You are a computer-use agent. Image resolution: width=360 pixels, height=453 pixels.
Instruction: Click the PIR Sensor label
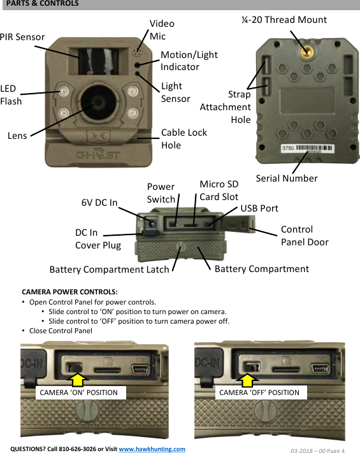click(22, 37)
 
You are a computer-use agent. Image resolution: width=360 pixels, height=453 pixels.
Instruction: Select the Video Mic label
click(162, 30)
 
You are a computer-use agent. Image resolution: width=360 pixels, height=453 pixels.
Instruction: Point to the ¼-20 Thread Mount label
click(284, 20)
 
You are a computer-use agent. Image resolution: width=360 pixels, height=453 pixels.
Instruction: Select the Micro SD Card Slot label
click(219, 191)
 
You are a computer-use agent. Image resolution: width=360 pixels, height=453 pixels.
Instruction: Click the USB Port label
click(259, 208)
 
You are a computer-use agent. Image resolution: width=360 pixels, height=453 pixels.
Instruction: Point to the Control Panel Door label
click(305, 236)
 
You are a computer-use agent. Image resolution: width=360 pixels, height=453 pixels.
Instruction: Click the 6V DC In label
click(99, 203)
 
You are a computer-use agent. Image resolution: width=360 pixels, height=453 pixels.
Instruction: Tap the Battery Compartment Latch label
click(109, 270)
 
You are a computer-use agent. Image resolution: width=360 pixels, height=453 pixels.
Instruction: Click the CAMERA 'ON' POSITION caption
click(79, 392)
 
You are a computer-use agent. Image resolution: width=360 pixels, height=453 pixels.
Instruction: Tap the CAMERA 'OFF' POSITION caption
click(259, 392)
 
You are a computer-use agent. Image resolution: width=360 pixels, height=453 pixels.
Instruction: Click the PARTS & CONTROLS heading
click(43, 4)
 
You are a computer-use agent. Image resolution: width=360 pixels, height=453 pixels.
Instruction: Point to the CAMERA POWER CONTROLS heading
click(69, 291)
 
